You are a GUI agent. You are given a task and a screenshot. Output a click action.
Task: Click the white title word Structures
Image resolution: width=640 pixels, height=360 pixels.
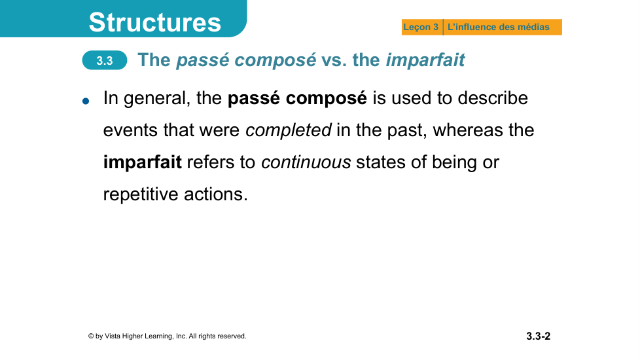(x=154, y=22)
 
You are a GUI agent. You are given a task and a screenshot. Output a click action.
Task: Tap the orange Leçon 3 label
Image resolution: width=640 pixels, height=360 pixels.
(x=421, y=27)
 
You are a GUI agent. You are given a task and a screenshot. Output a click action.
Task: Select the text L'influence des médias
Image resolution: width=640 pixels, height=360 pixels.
(x=499, y=27)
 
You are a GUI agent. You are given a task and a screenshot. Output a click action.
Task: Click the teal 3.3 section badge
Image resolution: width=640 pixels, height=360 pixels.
(x=105, y=60)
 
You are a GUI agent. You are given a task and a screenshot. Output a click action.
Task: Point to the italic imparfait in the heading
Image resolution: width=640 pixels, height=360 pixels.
(x=425, y=60)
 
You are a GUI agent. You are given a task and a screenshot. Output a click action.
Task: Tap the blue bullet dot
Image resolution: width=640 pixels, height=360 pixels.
(x=86, y=101)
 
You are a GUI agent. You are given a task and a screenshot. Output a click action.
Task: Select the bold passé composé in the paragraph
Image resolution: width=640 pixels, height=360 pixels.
(x=297, y=98)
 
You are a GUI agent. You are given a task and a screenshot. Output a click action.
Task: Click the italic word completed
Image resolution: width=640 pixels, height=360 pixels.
(x=288, y=131)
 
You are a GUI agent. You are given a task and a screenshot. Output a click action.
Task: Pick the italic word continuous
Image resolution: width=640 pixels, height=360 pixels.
(x=306, y=162)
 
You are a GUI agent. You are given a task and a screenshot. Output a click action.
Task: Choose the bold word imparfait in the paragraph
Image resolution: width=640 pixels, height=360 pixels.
(x=143, y=162)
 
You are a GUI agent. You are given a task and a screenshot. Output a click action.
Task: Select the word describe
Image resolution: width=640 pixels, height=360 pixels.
(x=493, y=98)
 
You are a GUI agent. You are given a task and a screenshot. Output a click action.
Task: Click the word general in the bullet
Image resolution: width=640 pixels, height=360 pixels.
(x=157, y=99)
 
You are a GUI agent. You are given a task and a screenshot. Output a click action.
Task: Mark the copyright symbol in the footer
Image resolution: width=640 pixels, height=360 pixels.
(x=91, y=336)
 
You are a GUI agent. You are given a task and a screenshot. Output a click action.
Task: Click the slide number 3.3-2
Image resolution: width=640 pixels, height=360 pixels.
(x=538, y=336)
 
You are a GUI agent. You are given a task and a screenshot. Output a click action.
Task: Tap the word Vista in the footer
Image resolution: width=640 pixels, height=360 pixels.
(x=113, y=336)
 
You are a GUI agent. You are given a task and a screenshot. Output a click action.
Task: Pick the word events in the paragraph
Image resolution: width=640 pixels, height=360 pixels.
(x=131, y=131)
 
